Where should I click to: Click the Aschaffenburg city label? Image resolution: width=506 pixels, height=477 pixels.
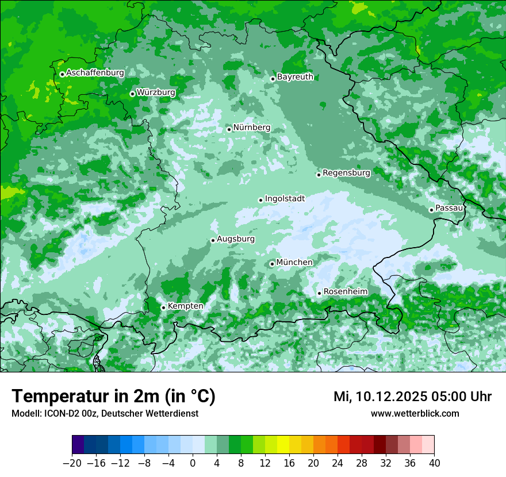(95, 73)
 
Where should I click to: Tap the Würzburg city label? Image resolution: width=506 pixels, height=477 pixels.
(156, 92)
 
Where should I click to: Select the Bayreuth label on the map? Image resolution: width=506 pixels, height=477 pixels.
(295, 77)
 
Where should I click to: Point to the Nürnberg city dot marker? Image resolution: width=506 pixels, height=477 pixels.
(229, 129)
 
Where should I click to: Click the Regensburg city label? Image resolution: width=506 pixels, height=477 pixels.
(346, 172)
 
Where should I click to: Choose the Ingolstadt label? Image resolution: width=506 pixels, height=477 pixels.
(285, 199)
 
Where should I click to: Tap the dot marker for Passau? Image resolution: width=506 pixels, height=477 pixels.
(431, 210)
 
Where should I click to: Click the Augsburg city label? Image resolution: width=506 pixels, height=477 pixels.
(236, 239)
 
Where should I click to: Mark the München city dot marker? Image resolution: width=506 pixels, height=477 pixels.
(272, 264)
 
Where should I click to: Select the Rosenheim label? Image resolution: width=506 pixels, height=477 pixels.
(345, 292)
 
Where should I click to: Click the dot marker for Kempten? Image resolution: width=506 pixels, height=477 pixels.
(163, 307)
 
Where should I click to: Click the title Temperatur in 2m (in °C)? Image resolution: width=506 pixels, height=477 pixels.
(114, 396)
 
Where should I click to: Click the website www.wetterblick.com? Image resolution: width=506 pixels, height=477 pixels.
(415, 413)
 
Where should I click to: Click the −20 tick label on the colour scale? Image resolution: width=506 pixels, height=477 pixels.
(72, 463)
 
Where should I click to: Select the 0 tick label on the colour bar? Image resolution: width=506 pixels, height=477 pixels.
(193, 463)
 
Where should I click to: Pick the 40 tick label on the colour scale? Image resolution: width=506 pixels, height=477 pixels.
(434, 463)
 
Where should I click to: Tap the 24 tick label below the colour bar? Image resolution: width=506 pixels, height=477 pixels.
(338, 463)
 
